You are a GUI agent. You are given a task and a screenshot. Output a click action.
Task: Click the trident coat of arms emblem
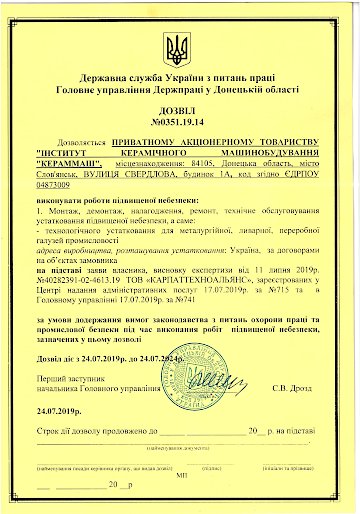tap(179, 48)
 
